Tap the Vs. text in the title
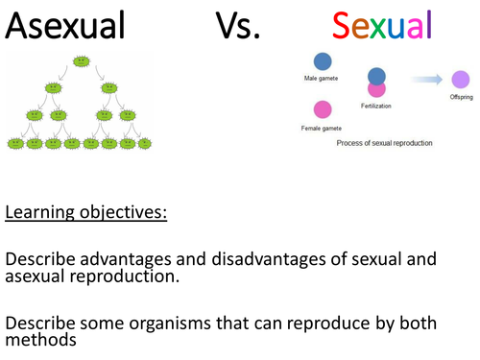pyautogui.click(x=243, y=25)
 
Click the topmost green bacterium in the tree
pyautogui.click(x=82, y=61)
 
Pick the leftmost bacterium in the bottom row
pyautogui.click(x=15, y=143)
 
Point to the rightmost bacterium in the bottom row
pyautogui.click(x=147, y=143)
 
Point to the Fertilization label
pyautogui.click(x=377, y=113)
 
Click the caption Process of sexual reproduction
pyautogui.click(x=384, y=142)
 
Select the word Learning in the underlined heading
pyautogui.click(x=41, y=211)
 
